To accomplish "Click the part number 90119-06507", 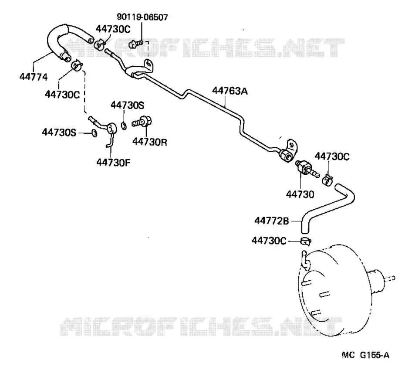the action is (x=142, y=17).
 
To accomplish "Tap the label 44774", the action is (x=34, y=77).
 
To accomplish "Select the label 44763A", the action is (x=229, y=91).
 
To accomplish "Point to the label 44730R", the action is (x=149, y=142).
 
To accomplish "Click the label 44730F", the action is (x=113, y=162).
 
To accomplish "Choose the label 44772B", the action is (x=271, y=221).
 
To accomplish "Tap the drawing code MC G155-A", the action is (x=365, y=355).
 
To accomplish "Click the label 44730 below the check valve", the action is (x=300, y=194).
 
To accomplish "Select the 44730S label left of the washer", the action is (x=59, y=133).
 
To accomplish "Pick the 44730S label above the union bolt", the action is (x=127, y=105).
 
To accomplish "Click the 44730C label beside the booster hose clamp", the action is (x=269, y=241).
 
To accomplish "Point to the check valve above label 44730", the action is (x=307, y=169).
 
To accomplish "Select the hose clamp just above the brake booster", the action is (x=306, y=241).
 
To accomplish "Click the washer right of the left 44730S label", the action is (x=94, y=133).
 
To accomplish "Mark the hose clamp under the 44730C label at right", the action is (x=327, y=180).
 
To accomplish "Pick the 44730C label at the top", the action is (x=113, y=29).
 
